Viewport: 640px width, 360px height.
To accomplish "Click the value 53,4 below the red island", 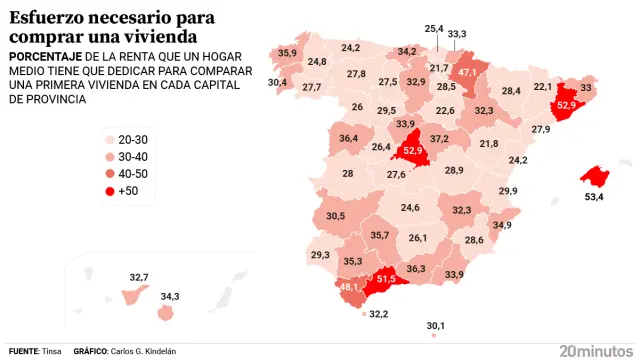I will tap(594, 198).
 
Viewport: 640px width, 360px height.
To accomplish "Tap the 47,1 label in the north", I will tap(468, 72).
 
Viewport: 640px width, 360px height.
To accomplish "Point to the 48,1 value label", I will tap(350, 287).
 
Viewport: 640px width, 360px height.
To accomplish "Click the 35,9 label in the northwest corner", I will tap(288, 52).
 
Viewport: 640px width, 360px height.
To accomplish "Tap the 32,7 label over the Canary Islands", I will tap(139, 277).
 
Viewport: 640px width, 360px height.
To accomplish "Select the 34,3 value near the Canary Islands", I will tap(170, 296).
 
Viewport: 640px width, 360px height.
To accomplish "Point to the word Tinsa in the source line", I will tap(52, 352).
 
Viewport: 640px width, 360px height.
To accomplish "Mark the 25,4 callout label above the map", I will tap(434, 29).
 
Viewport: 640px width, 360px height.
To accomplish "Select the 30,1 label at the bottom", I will tap(435, 325).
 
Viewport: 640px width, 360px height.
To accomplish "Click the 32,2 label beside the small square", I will tap(379, 314).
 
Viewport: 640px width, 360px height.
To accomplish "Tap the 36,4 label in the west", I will tap(349, 138).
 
